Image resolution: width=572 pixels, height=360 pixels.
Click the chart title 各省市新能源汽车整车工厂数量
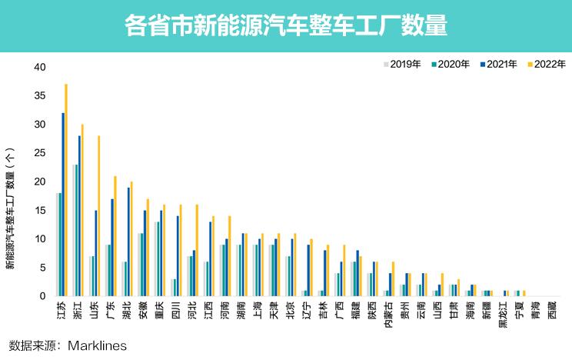coord(285,26)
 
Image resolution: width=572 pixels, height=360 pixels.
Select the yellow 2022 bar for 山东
coord(99,216)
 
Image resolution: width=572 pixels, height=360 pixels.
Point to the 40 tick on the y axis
coord(41,67)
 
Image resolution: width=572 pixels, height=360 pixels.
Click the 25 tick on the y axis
coord(41,153)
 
